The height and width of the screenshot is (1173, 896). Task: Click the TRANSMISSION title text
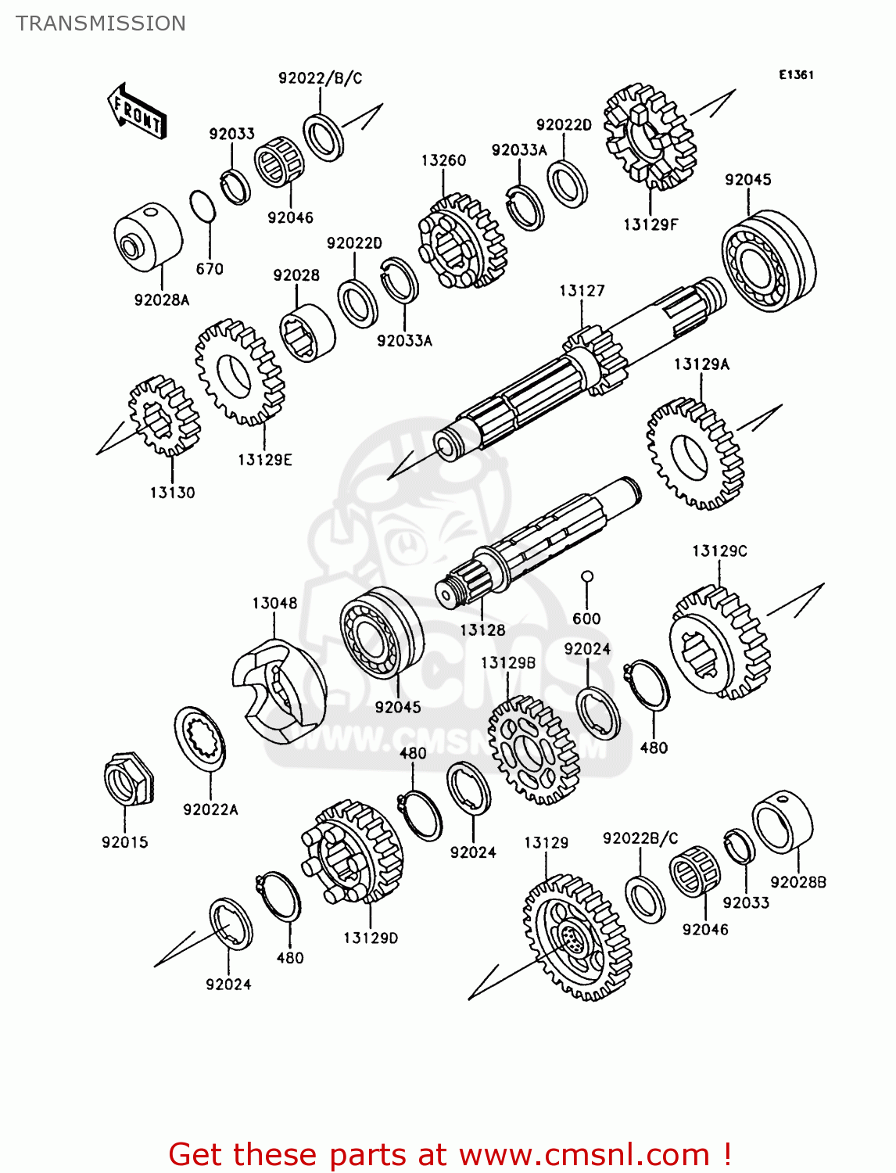[x=101, y=23]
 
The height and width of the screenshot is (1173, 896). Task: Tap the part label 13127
[x=582, y=291]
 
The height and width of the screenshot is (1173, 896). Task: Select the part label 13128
[x=482, y=630]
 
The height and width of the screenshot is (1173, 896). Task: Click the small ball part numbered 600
[x=587, y=577]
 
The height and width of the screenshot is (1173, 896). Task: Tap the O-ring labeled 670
[x=202, y=206]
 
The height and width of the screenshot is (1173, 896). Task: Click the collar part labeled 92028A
[x=148, y=235]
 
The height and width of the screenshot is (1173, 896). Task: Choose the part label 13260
[x=443, y=160]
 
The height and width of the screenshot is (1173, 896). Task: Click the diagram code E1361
[x=796, y=74]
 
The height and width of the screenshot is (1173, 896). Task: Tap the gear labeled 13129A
[x=695, y=454]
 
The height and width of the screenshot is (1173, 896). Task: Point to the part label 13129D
[x=371, y=938]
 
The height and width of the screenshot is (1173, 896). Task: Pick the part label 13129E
[x=265, y=460]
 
